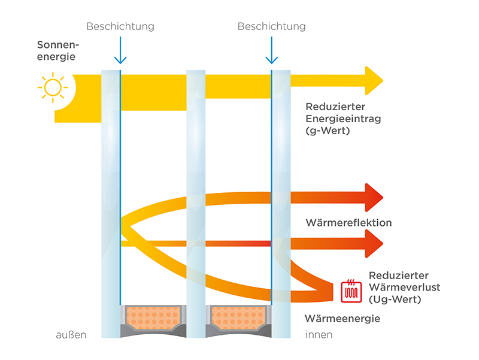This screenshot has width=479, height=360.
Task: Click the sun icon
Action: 52,87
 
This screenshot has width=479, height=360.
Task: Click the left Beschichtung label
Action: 120,26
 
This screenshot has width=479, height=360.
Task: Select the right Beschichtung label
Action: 271,26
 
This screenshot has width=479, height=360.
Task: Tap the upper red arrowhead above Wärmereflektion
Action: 373,198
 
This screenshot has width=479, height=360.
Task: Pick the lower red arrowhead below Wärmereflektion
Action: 373,243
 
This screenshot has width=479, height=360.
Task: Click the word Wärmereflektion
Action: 348,223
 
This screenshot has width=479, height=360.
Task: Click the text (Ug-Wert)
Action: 395,299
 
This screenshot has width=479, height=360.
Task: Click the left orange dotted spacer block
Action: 148,314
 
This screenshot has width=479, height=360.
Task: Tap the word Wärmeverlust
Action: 404,287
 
